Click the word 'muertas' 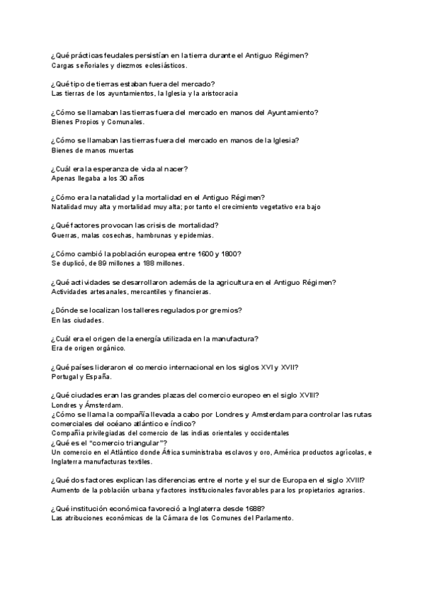(120, 150)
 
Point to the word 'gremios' (226, 310)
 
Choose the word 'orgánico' (110, 349)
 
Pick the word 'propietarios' (303, 490)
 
